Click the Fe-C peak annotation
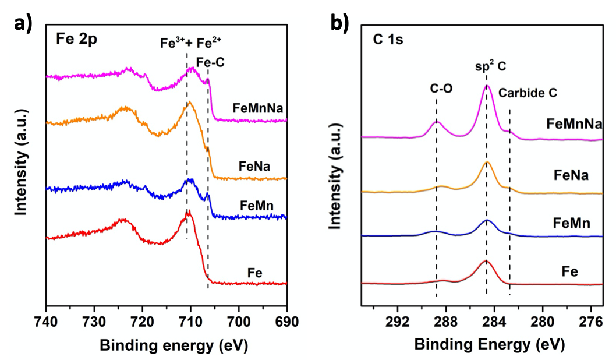211,61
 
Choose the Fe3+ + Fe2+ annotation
191,43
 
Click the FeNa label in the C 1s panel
572,175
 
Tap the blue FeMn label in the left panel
256,205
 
